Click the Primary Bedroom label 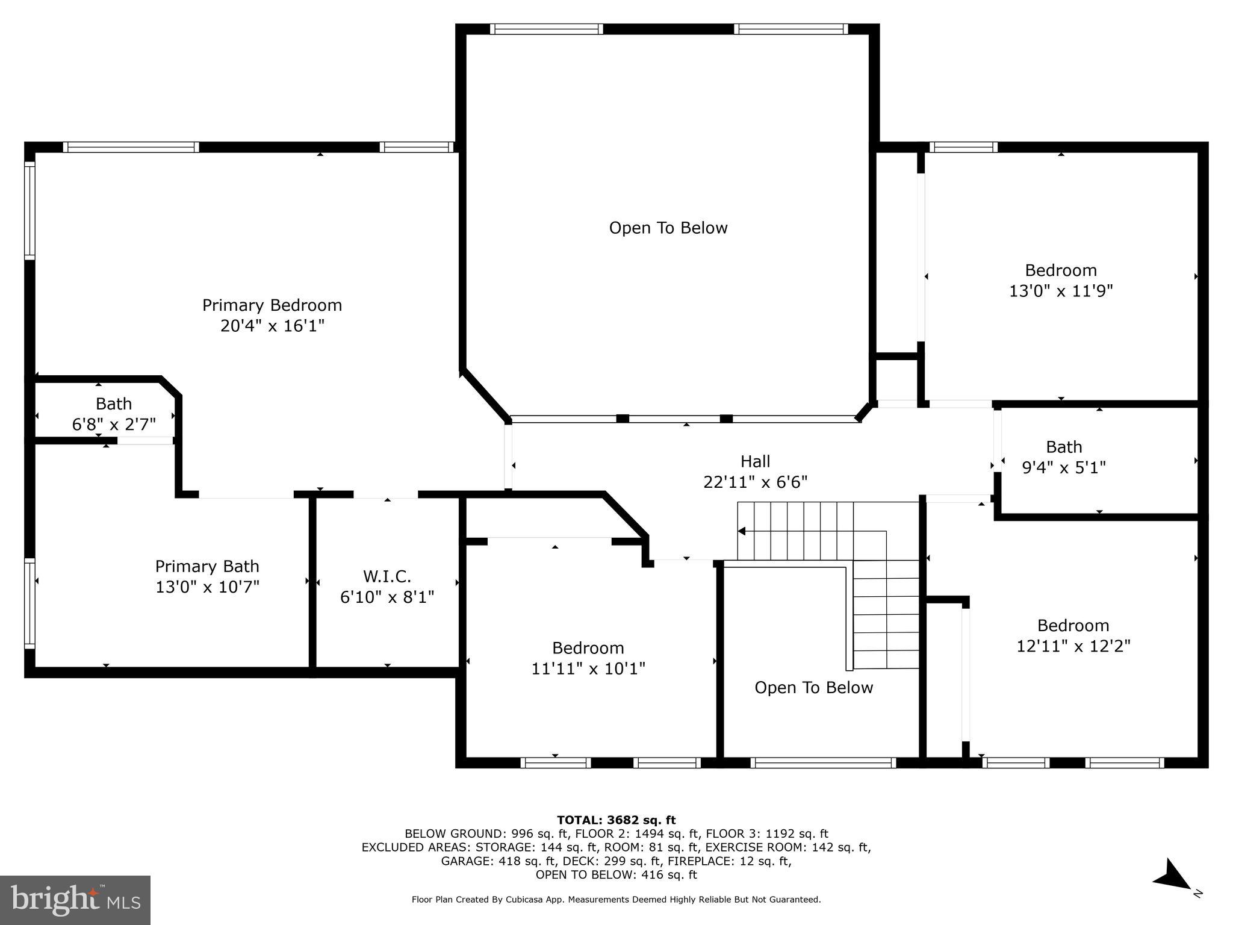click(x=272, y=305)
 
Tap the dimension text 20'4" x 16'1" click(x=272, y=326)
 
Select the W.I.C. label click(x=387, y=577)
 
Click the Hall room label click(x=755, y=461)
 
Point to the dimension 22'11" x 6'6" click(x=755, y=482)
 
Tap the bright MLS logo click(x=75, y=900)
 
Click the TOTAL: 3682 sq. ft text click(x=616, y=820)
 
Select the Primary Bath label click(x=207, y=566)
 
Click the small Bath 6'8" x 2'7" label click(x=113, y=414)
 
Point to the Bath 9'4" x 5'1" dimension click(x=1064, y=467)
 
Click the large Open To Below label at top click(x=668, y=228)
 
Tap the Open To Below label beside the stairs click(x=813, y=688)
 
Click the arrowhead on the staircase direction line click(x=742, y=531)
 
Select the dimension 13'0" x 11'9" click(x=1061, y=291)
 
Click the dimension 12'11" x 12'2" click(x=1073, y=646)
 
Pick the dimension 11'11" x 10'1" click(x=588, y=668)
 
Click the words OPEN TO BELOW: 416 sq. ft click(x=616, y=874)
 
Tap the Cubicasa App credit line click(x=616, y=900)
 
